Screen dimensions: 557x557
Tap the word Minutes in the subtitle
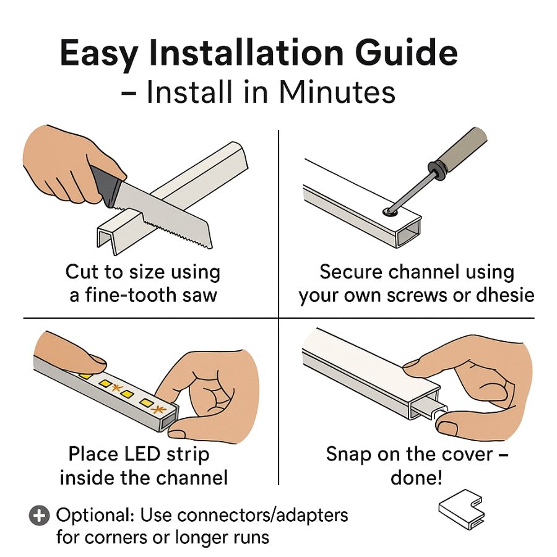[337, 92]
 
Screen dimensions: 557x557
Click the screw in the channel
[391, 212]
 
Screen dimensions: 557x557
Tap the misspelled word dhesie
[505, 295]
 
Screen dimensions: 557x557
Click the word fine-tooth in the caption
[131, 295]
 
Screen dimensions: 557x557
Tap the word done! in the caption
[417, 478]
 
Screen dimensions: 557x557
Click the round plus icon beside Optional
[39, 515]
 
